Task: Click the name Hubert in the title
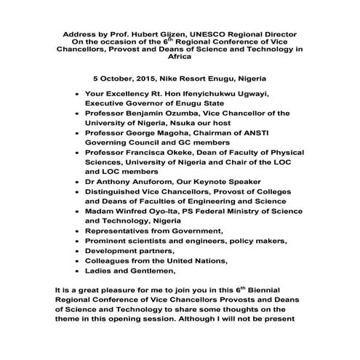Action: [143, 34]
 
